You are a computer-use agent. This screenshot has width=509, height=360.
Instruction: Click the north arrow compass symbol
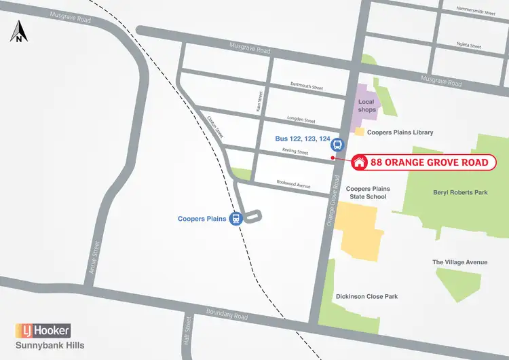coord(18,32)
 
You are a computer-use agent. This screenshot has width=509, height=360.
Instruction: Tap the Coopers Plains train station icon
coord(235,219)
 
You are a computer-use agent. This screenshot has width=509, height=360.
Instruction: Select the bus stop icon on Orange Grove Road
coord(336,144)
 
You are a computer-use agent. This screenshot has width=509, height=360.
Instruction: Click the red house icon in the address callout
coord(360,162)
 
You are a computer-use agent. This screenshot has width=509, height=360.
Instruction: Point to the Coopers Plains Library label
coord(400,132)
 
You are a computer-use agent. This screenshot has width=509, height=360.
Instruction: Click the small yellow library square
coord(359,132)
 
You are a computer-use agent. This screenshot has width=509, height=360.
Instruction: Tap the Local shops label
coord(366,106)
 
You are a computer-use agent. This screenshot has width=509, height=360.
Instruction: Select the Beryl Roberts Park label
coord(460,192)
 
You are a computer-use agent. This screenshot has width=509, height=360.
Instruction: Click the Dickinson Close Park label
coord(366,296)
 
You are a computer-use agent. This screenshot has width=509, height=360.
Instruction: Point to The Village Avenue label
coord(459,262)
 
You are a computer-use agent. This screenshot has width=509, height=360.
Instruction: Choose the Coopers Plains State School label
coord(367,192)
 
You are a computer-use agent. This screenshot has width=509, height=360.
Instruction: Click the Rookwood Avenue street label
coord(293,183)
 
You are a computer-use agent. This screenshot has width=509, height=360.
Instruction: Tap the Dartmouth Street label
coord(306,88)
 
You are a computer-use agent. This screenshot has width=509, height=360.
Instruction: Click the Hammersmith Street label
coord(476,13)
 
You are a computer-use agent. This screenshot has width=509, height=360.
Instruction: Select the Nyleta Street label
coord(468,46)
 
